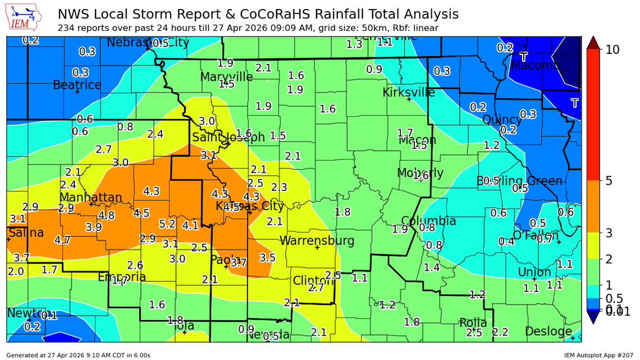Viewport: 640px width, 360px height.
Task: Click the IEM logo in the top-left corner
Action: tap(25, 17)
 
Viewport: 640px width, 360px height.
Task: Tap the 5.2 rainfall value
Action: tap(167, 224)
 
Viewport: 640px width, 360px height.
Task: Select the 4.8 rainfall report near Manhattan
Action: tap(106, 215)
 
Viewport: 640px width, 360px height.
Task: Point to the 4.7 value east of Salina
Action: tap(62, 240)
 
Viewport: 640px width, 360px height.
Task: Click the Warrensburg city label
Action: tap(317, 241)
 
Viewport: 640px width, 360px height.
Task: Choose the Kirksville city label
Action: tap(409, 92)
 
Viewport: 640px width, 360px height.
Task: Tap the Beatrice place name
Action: tap(77, 85)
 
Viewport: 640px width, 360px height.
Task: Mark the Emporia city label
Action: tap(122, 277)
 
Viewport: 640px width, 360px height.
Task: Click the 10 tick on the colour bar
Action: tap(612, 49)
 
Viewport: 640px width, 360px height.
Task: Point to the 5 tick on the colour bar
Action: tap(609, 180)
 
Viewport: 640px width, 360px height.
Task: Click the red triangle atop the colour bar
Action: tap(593, 42)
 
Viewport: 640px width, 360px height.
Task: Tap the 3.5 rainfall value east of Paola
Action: tap(267, 258)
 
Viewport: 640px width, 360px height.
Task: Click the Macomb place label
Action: tap(535, 66)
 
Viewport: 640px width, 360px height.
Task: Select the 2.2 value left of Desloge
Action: tap(500, 332)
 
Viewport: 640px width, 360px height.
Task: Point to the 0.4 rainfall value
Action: tap(506, 241)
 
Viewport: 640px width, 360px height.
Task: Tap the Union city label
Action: tap(534, 272)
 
